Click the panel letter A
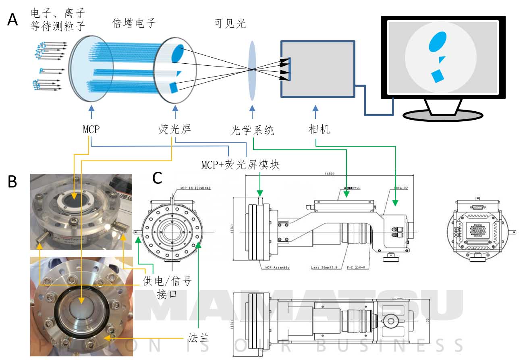coord(13,19)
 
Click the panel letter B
coord(13,182)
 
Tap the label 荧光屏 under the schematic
coord(174,130)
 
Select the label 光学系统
coord(253,130)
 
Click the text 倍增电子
coord(134,23)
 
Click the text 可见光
coord(230,24)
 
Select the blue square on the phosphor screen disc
coord(174,87)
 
